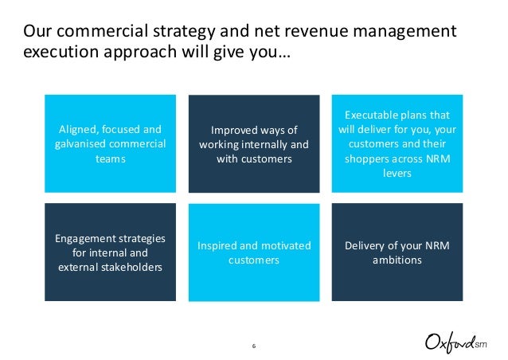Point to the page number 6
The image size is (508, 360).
253,345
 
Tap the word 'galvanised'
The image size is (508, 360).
77,143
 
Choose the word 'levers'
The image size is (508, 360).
397,173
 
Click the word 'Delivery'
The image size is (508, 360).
368,245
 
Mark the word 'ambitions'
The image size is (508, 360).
397,260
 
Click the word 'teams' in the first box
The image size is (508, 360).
110,158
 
